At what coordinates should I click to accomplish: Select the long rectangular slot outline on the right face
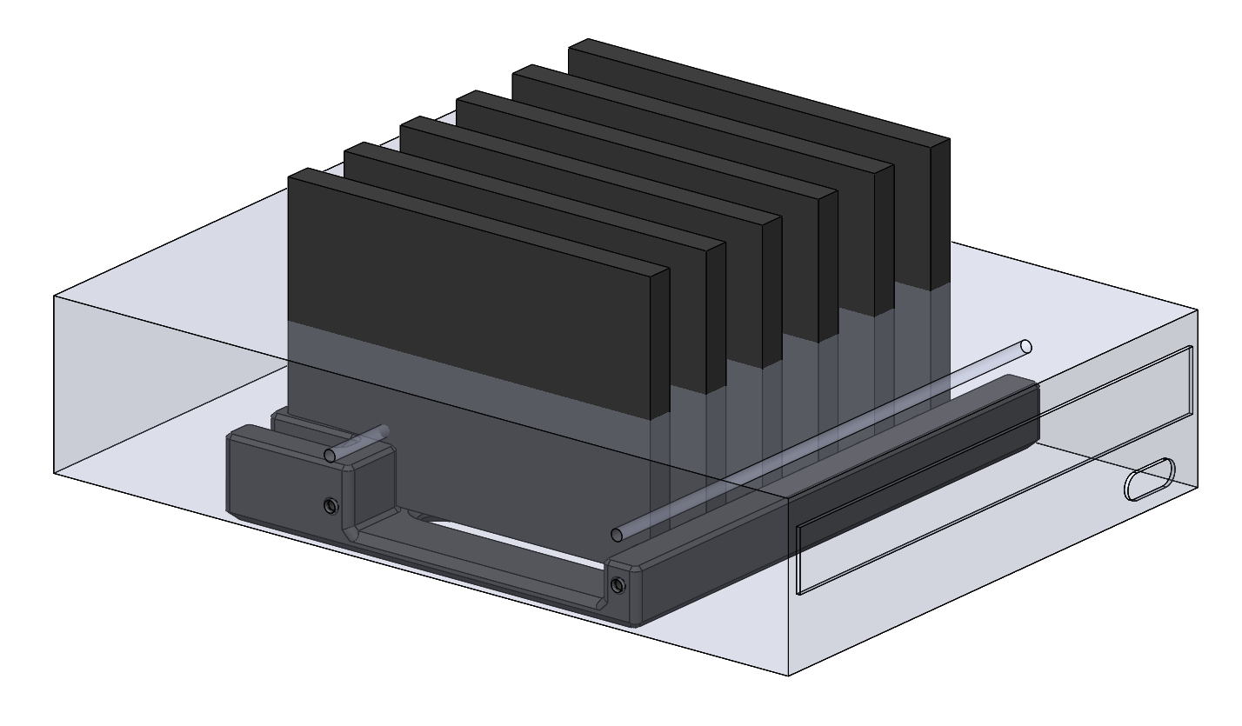992,470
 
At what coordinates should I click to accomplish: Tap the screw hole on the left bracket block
330,505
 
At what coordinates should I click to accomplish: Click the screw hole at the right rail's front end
617,584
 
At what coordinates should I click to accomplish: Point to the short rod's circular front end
330,456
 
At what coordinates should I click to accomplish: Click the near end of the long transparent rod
617,533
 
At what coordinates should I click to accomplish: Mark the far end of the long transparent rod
1026,346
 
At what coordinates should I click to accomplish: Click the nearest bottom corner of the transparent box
788,676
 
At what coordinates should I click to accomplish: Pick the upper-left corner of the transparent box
54,296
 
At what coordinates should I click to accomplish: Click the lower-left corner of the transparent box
54,473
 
